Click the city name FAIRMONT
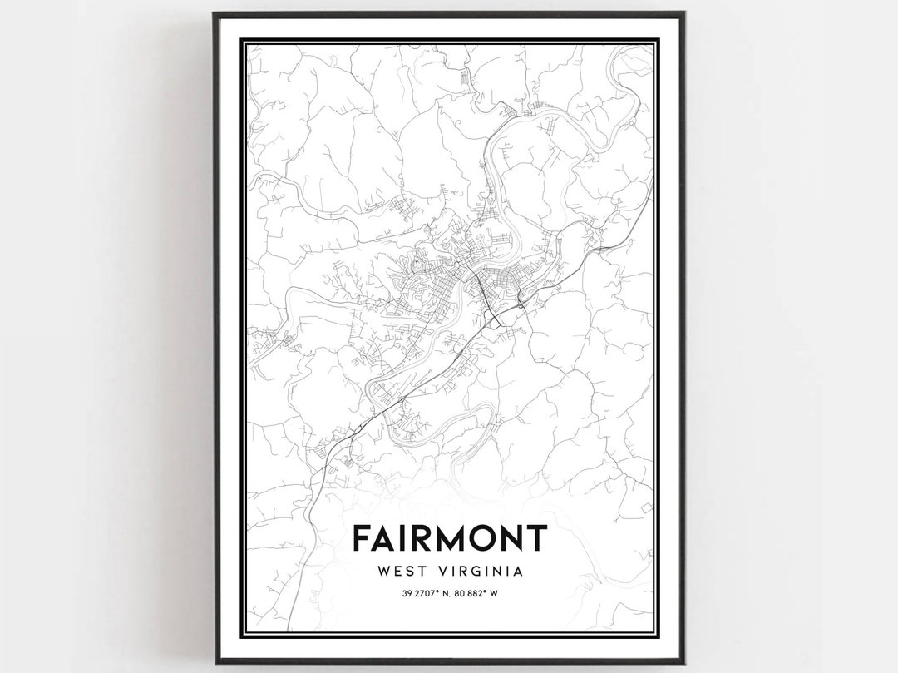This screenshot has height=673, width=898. (450, 538)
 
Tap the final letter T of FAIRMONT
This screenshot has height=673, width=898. (536, 538)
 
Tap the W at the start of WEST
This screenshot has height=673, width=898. (384, 572)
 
